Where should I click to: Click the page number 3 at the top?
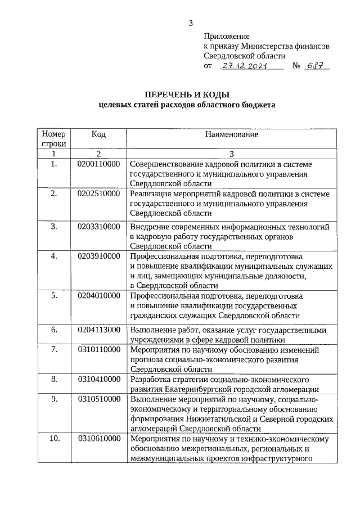click(x=191, y=22)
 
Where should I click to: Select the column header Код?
click(x=98, y=134)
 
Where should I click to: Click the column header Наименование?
click(x=231, y=134)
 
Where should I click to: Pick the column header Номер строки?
click(x=54, y=139)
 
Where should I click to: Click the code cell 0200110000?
click(x=98, y=164)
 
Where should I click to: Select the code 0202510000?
click(x=98, y=193)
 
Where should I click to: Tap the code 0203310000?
click(x=98, y=226)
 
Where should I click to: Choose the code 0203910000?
click(x=98, y=256)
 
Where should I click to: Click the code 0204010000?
click(x=98, y=295)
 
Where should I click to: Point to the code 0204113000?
click(x=98, y=330)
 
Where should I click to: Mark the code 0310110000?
click(x=98, y=349)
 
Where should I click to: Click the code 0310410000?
click(x=98, y=379)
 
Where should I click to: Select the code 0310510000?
click(x=98, y=399)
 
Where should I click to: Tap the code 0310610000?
click(x=98, y=438)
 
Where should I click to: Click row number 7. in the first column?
click(x=54, y=349)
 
